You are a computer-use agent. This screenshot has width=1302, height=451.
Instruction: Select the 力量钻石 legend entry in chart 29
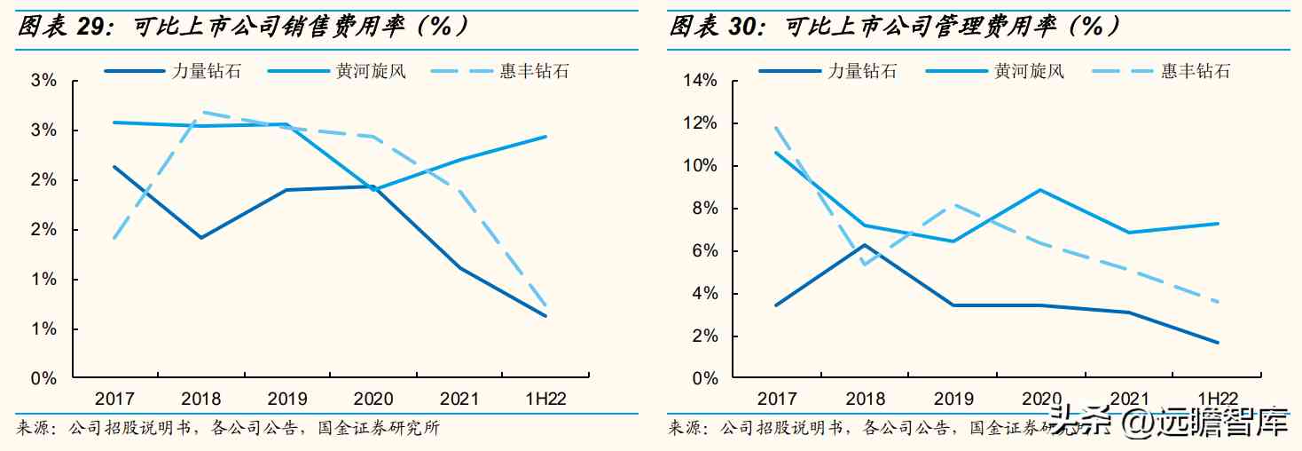tap(206, 71)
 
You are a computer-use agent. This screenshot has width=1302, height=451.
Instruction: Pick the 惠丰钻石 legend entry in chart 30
tap(1196, 71)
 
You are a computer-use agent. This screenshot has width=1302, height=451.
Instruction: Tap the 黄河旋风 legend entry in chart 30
tap(1029, 71)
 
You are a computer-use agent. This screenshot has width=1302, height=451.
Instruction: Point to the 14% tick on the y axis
tap(700, 81)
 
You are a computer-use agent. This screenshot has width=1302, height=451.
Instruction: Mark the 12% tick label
tap(700, 123)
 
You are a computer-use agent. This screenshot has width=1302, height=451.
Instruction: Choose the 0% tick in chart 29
tap(43, 379)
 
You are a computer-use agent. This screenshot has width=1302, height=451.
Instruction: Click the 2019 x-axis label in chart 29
tap(287, 400)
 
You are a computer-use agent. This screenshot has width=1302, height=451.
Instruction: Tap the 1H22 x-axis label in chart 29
tap(545, 400)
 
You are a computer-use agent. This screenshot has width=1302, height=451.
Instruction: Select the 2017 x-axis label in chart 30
tap(777, 400)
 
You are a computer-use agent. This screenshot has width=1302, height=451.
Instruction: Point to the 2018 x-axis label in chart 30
tap(865, 400)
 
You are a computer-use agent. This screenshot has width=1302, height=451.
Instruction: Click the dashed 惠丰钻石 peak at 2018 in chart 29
tap(201, 112)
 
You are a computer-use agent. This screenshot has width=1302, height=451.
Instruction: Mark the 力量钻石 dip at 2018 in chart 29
tap(201, 238)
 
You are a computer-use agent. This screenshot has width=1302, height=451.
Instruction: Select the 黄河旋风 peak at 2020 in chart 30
tap(1040, 190)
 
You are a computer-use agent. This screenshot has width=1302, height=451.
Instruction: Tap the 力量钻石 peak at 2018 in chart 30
tap(865, 245)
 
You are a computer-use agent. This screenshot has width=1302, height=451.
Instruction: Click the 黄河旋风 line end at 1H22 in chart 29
tap(545, 137)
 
